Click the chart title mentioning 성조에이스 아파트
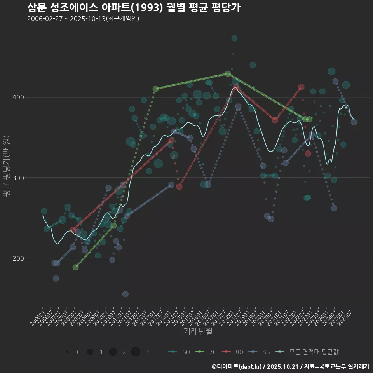point(134,7)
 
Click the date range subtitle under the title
point(83,19)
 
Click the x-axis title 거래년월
point(198,331)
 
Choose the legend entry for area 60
point(180,352)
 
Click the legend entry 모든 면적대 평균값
point(309,352)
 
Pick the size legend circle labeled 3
point(136,352)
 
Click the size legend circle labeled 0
point(68,352)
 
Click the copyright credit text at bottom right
point(290,366)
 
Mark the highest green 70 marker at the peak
point(228,74)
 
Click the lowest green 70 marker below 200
point(75,267)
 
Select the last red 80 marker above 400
point(301,87)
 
